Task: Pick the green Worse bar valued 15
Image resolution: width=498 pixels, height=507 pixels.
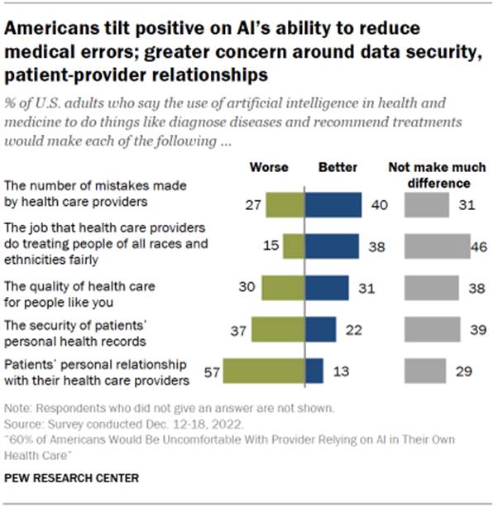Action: tap(294, 246)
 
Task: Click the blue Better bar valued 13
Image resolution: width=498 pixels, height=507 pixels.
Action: tap(314, 371)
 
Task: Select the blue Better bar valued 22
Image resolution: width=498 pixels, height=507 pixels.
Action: tap(321, 329)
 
